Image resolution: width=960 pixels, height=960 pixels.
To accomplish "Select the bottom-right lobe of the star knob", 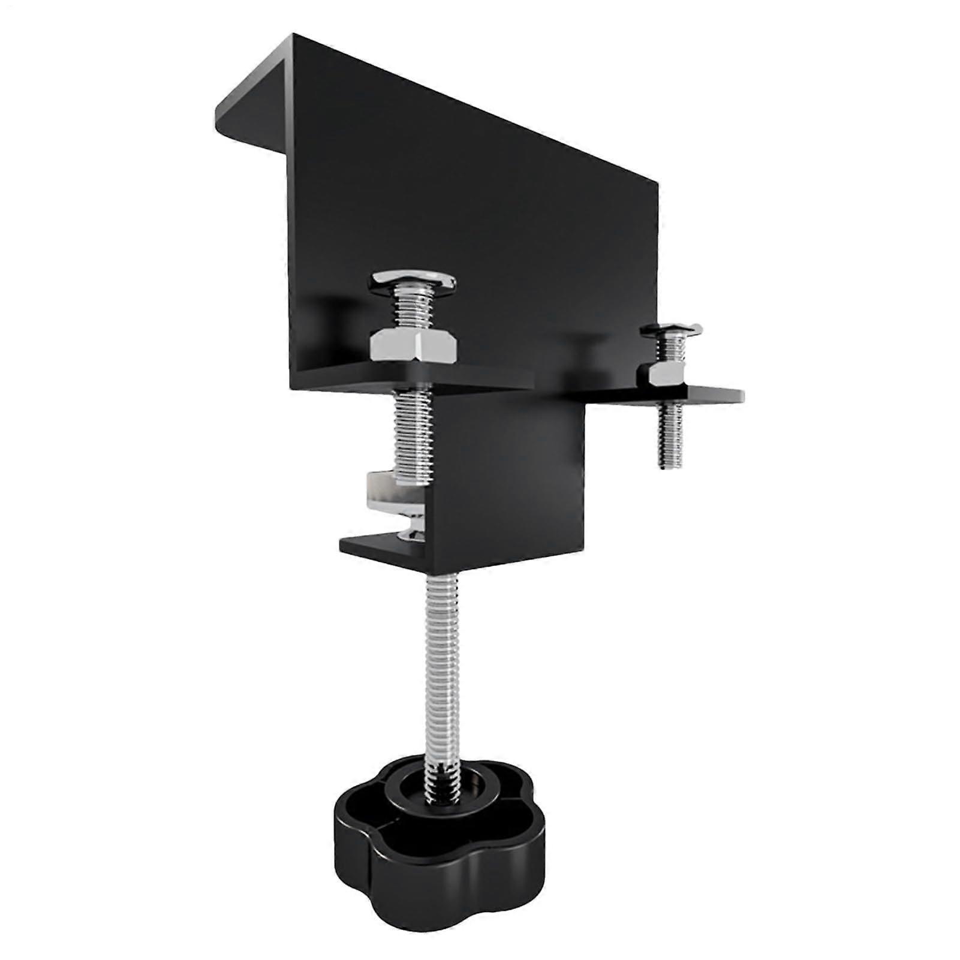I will pyautogui.click(x=510, y=863).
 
